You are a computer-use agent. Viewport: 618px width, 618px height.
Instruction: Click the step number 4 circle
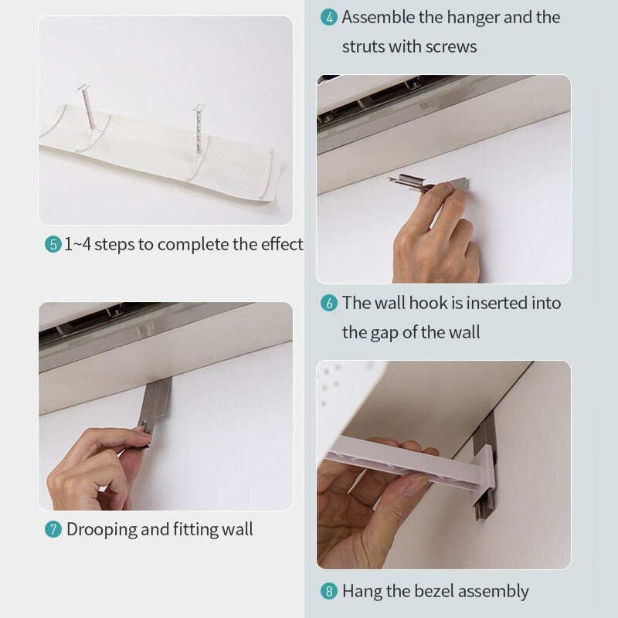pyautogui.click(x=329, y=18)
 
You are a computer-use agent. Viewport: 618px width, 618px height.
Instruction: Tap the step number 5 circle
pyautogui.click(x=53, y=245)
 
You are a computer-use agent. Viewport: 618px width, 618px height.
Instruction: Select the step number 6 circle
pyautogui.click(x=329, y=303)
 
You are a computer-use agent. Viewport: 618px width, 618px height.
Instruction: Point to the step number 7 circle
pyautogui.click(x=53, y=530)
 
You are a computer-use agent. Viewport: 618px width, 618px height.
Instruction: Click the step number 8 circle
pyautogui.click(x=329, y=592)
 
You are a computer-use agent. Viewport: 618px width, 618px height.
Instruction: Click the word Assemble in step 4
pyautogui.click(x=379, y=18)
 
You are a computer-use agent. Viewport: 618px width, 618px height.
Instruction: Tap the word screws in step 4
pyautogui.click(x=452, y=46)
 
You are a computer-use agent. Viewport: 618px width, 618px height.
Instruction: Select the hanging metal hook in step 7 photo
pyautogui.click(x=157, y=402)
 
